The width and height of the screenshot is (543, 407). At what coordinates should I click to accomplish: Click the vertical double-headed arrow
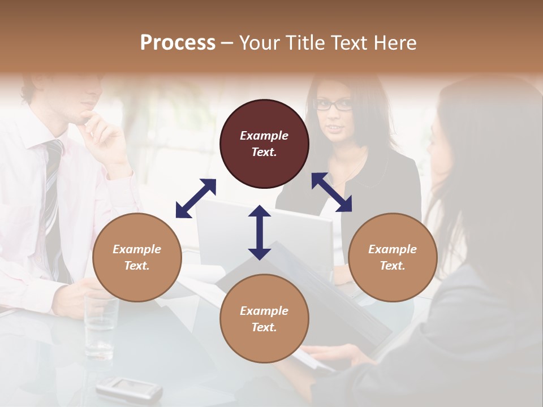[x=260, y=232]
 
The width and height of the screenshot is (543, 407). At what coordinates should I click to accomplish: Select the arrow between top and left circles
[x=196, y=198]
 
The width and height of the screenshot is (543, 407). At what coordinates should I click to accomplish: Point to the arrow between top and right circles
[x=331, y=192]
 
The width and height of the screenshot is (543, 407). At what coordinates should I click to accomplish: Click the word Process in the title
[x=178, y=42]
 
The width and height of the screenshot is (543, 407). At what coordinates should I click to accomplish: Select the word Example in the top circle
[x=264, y=136]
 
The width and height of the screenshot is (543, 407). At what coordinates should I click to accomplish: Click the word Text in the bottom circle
[x=263, y=327]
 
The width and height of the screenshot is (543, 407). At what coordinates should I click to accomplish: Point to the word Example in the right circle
[x=393, y=249]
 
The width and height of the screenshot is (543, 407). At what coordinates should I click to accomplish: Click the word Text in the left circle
[x=136, y=266]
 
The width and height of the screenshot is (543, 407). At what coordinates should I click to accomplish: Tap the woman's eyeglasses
[x=333, y=105]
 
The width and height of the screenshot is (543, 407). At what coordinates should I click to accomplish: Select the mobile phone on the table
[x=128, y=389]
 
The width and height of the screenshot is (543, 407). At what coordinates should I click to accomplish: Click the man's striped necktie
[x=53, y=192]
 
